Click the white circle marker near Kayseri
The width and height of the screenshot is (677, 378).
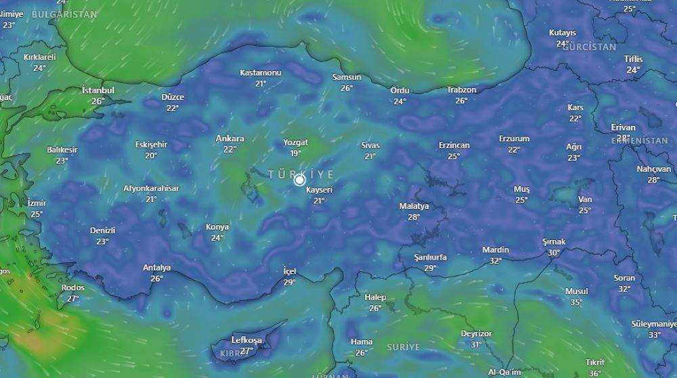[299, 180]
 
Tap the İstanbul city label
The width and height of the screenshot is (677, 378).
[98, 90]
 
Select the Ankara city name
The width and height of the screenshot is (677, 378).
[230, 139]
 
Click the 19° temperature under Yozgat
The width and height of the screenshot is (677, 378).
[296, 153]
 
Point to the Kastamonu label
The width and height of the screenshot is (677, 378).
[261, 72]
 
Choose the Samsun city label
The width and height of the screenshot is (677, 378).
[347, 77]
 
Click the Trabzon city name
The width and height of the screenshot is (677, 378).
[462, 90]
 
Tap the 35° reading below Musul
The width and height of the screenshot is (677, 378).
[576, 302]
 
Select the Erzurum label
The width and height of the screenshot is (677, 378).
[514, 139]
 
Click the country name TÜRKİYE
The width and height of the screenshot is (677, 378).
[301, 174]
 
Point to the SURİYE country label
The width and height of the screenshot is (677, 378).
[403, 347]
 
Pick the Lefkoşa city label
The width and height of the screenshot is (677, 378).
[246, 339]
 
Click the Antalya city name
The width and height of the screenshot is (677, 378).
[156, 268]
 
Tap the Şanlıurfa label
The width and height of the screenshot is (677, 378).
[431, 258]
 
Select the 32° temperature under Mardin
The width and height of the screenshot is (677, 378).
[496, 260]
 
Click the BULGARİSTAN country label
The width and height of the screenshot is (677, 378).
[64, 14]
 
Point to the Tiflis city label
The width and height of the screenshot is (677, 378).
[633, 59]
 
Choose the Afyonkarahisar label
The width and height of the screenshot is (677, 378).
[151, 189]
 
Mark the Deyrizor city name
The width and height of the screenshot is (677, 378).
[476, 333]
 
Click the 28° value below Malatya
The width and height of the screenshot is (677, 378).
[414, 217]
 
